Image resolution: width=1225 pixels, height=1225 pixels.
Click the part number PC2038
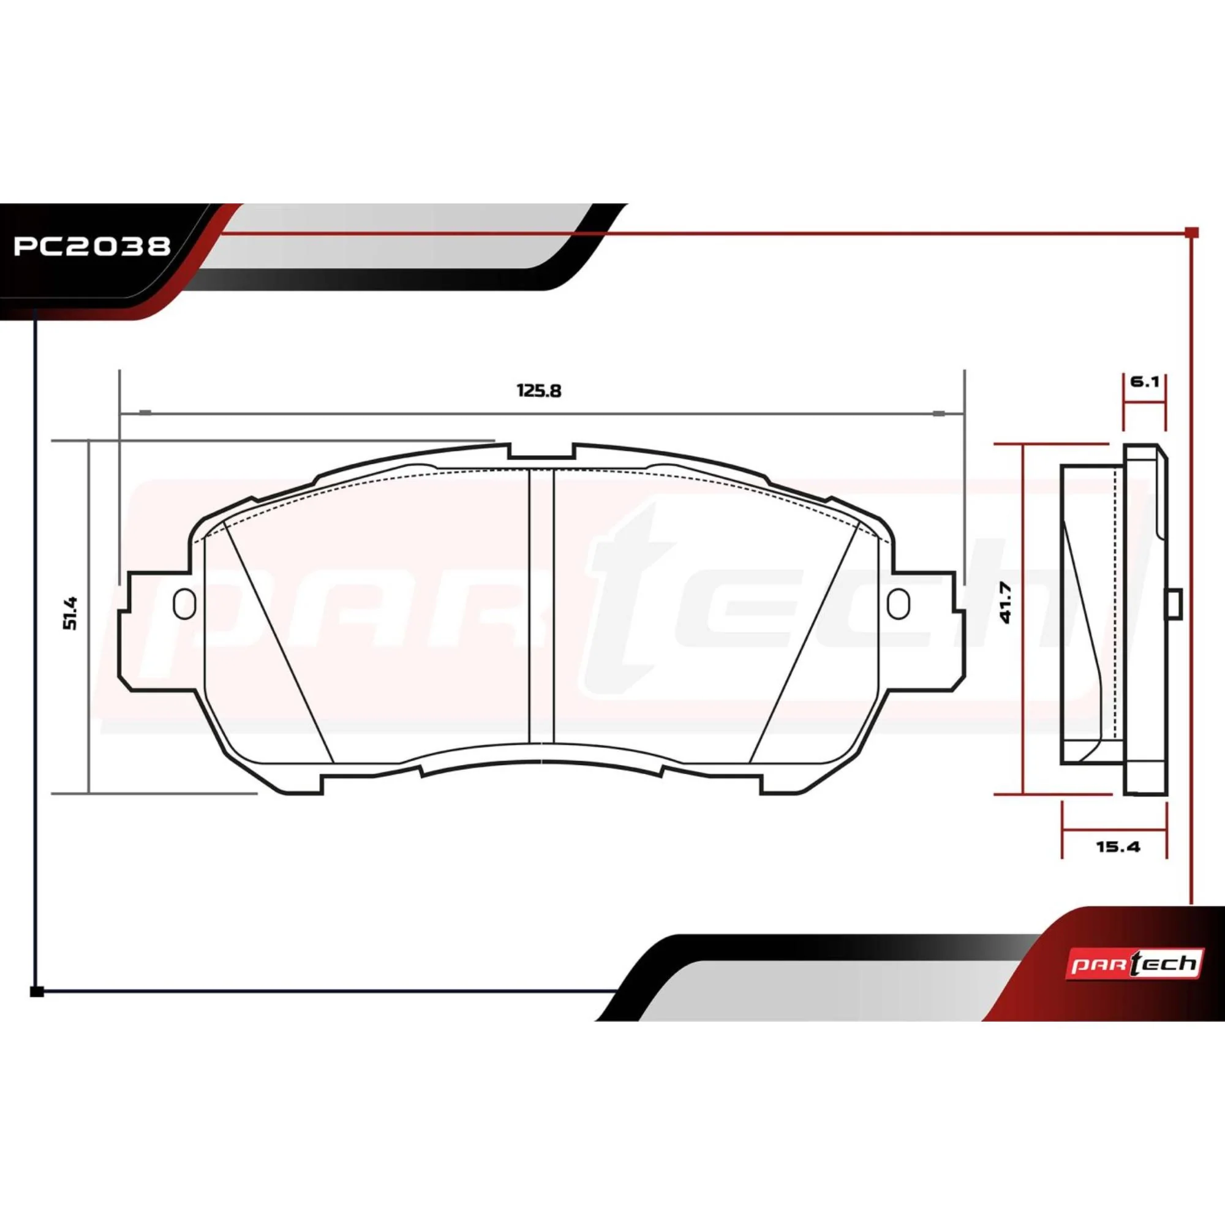pos(92,246)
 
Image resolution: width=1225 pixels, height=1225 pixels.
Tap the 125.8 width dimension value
pos(539,391)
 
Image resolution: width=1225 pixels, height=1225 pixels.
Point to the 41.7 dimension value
pos(1006,605)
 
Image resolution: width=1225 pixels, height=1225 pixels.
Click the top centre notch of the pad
pos(541,451)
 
